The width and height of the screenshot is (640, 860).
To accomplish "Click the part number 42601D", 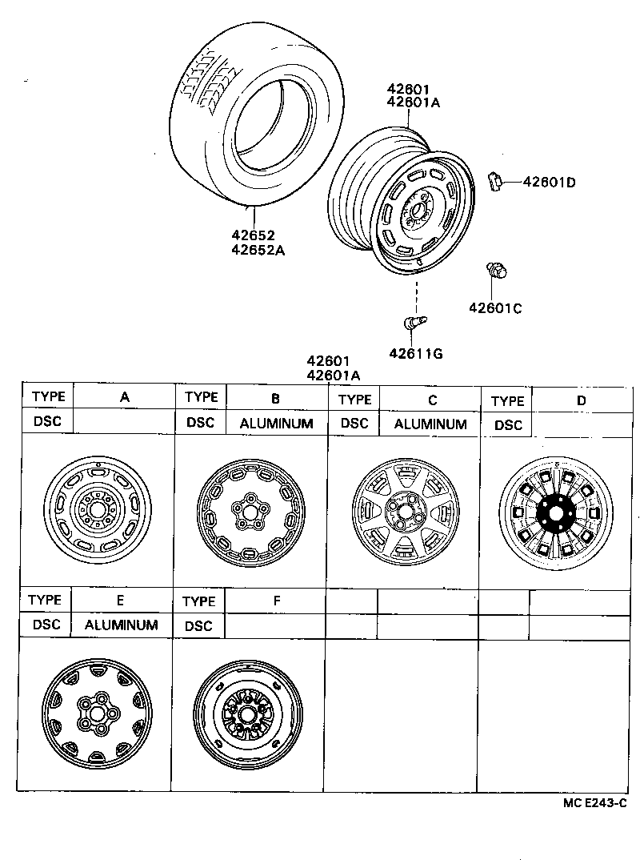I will (x=549, y=182).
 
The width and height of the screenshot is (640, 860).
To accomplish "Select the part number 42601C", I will (x=495, y=307).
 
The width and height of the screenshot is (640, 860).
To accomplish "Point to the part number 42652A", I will (x=258, y=249).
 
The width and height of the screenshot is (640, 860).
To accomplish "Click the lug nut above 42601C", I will (x=495, y=271).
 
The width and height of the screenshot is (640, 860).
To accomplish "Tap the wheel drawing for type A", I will (x=96, y=509).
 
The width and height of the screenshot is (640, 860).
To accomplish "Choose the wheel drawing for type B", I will (x=249, y=509).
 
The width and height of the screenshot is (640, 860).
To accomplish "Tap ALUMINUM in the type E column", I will (x=122, y=625).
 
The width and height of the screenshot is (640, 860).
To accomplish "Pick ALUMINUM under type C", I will (x=430, y=424).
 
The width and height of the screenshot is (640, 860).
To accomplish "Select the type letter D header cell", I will (x=581, y=400).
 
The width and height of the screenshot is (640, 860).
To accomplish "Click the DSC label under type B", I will (x=200, y=423).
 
